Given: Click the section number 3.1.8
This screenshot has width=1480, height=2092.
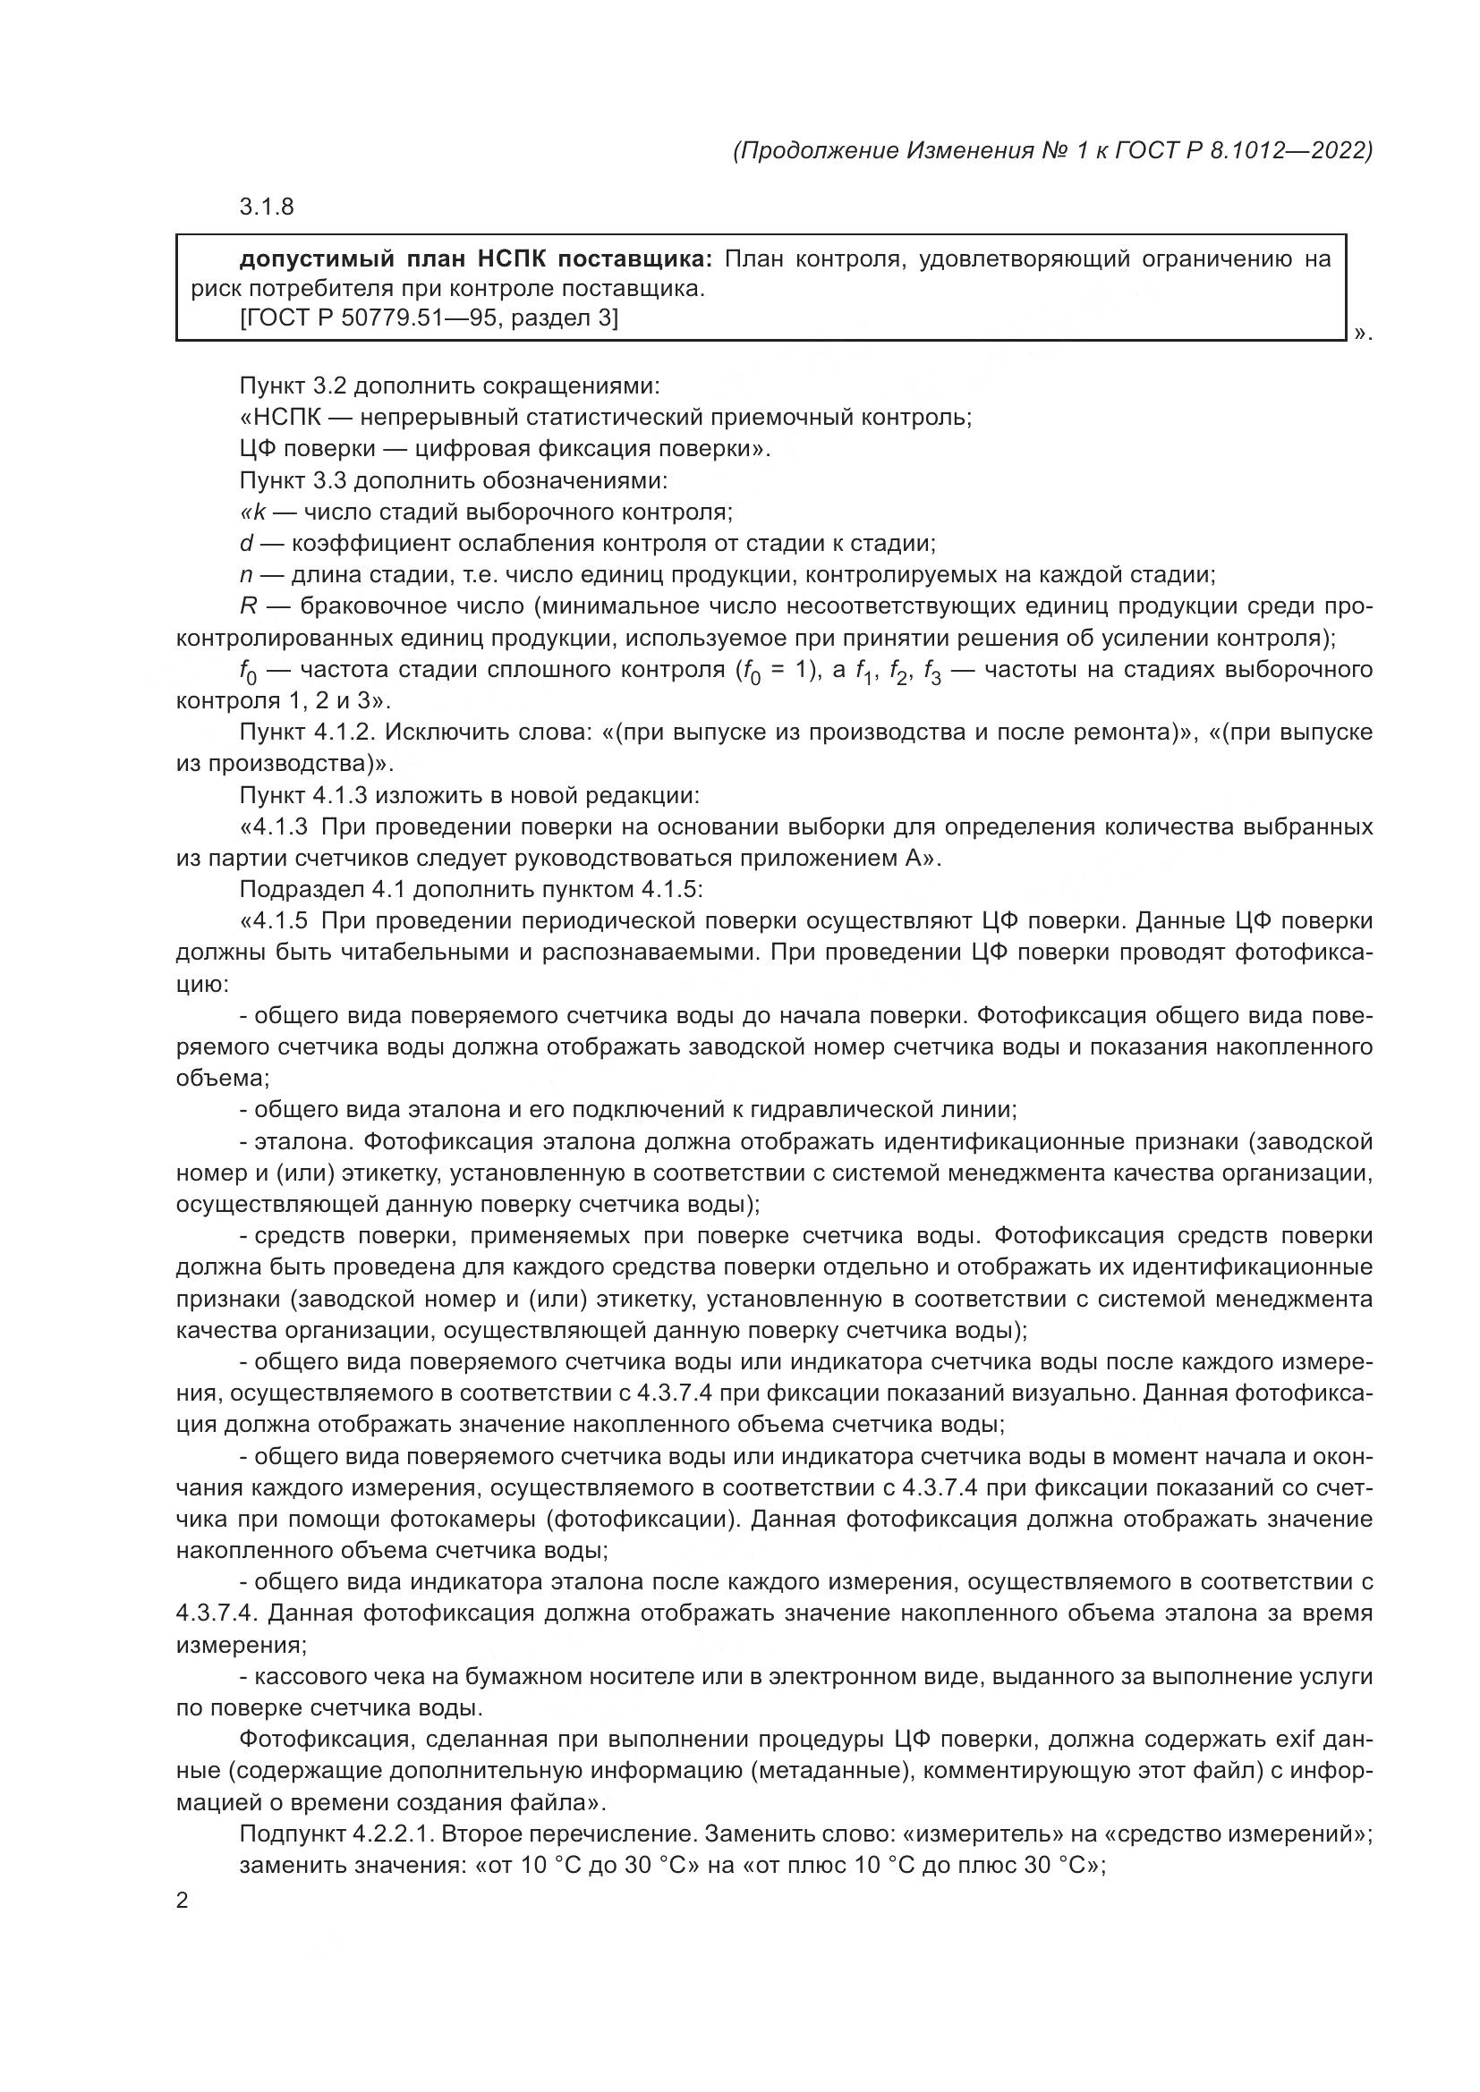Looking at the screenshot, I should (266, 208).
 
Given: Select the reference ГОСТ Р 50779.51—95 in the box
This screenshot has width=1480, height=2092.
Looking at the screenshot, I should (368, 319).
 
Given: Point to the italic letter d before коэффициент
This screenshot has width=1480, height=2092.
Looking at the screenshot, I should (246, 544).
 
